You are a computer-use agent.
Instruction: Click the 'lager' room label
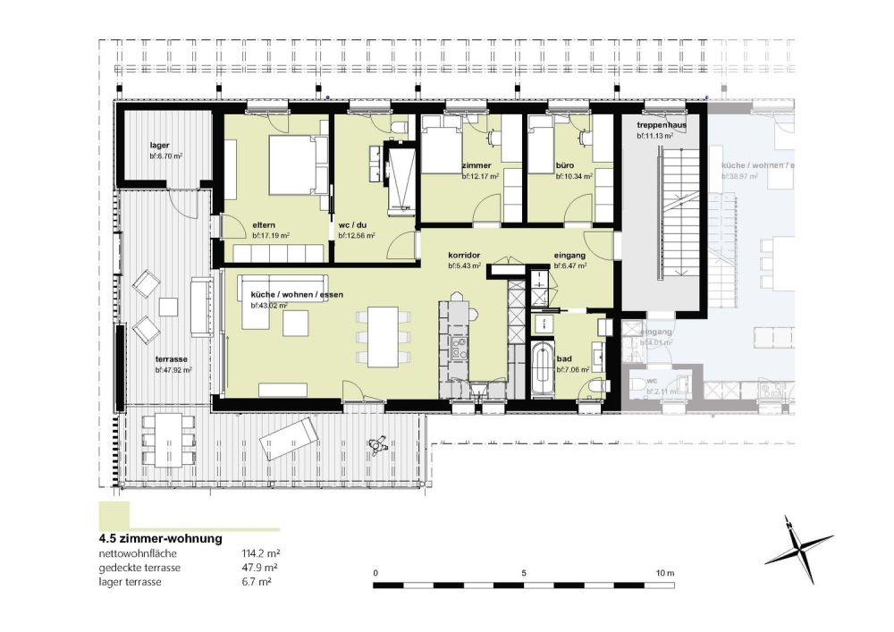click(x=159, y=144)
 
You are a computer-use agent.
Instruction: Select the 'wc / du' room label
click(x=353, y=224)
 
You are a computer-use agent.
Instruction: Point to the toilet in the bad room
click(x=598, y=384)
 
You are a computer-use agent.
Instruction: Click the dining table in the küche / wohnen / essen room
click(x=384, y=335)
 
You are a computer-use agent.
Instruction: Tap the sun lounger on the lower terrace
click(x=289, y=438)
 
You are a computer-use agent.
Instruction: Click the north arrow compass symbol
click(x=797, y=550)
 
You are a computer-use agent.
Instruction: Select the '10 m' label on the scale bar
click(x=663, y=572)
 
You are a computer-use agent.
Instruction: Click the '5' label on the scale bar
click(x=523, y=572)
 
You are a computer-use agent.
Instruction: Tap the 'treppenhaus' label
click(x=662, y=125)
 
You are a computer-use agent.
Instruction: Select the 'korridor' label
click(x=465, y=254)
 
